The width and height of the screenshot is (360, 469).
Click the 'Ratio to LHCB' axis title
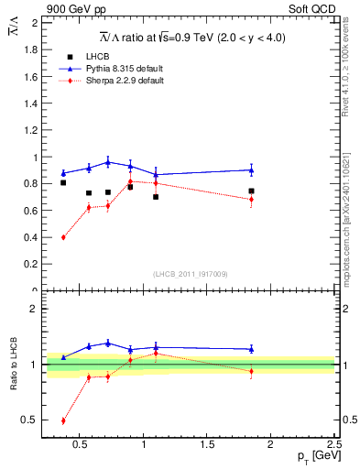(x=15, y=364)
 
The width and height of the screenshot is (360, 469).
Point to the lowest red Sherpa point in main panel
(x=63, y=237)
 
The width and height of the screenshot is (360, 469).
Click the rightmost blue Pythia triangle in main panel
(x=251, y=169)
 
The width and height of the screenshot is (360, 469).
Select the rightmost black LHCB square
(x=251, y=191)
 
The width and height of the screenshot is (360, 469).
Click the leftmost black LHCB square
(x=63, y=183)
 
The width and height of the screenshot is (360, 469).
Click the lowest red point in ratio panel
(x=63, y=421)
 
